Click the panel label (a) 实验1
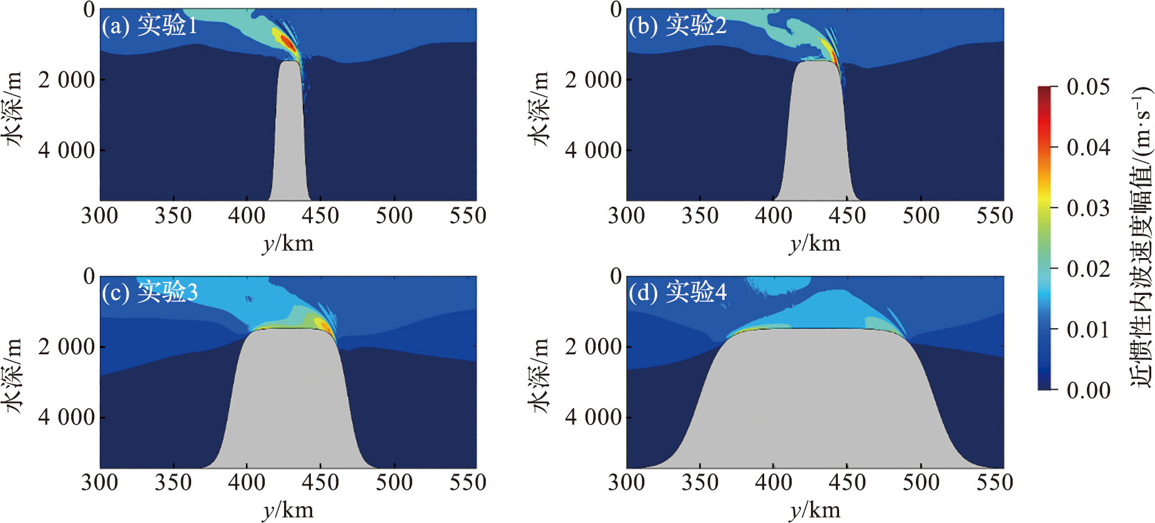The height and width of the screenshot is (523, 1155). coord(149,26)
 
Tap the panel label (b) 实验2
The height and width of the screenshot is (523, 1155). coord(677,26)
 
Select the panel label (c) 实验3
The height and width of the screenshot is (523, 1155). coord(149,292)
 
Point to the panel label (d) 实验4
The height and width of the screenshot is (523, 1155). coord(677,292)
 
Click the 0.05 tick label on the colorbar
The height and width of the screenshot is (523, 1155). coord(1088,87)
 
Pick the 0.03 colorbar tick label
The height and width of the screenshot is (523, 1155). coord(1088,208)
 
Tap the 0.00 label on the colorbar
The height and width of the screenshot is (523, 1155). coord(1088,391)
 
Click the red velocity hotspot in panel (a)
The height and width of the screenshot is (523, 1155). coord(287,42)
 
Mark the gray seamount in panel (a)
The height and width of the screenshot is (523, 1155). coord(288,137)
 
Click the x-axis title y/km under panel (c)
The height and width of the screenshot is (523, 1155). coord(288,510)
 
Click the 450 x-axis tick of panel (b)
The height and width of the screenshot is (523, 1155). coord(847,216)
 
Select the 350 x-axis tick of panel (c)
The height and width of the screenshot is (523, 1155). coord(173,482)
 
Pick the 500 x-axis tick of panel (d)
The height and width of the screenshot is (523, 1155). coord(921,482)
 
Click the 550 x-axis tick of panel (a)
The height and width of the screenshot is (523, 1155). coord(468,216)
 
